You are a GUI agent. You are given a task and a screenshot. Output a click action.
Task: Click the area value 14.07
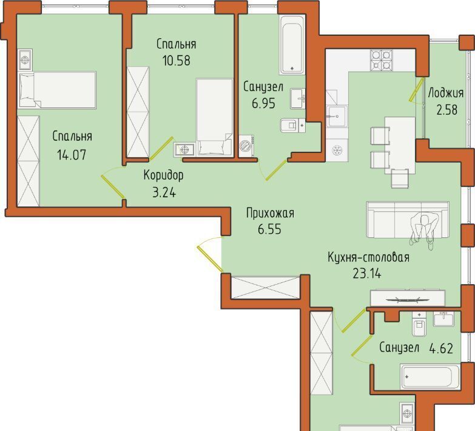72,155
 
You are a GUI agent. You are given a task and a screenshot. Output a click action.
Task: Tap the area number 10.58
177,60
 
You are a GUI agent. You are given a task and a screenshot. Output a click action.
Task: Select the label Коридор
164,175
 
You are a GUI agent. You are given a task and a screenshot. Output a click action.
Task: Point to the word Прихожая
270,214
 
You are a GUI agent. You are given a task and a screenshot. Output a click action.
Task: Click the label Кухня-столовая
369,257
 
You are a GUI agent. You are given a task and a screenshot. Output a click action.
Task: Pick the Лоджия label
446,93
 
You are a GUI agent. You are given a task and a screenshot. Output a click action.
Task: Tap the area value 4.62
442,348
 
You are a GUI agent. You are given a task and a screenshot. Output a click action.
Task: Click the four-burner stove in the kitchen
381,60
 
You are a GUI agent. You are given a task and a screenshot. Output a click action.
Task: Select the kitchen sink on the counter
337,116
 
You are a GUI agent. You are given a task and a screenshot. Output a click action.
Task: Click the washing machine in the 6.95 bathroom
246,146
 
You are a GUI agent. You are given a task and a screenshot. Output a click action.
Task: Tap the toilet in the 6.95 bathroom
292,125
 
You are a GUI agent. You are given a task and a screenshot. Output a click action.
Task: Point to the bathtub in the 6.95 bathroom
292,44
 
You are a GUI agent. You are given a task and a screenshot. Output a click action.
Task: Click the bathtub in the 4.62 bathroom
430,377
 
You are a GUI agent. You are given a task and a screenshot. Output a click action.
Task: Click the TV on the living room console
408,300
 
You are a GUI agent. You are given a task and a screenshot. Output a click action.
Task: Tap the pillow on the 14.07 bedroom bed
27,90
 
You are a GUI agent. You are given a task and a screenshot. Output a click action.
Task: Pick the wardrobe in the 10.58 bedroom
138,112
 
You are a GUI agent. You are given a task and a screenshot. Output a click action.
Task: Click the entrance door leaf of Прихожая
210,258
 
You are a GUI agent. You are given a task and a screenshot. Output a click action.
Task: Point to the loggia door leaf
416,89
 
